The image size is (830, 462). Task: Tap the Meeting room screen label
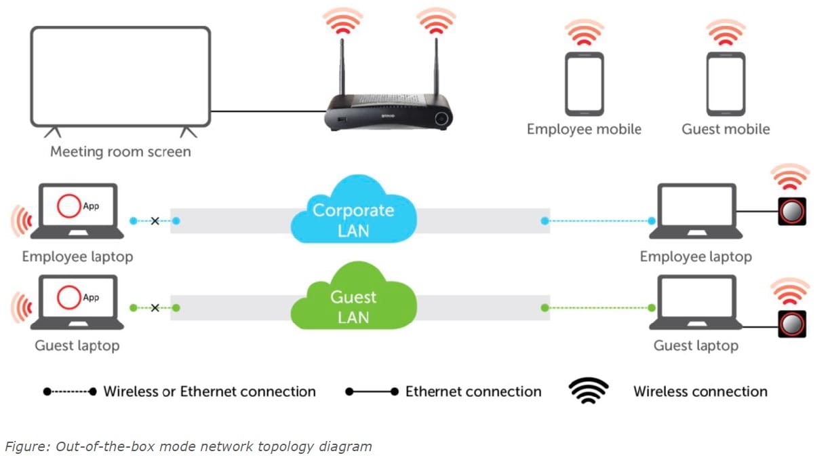coord(120,151)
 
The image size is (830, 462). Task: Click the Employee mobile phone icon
coord(584,84)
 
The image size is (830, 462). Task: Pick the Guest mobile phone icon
coord(726,84)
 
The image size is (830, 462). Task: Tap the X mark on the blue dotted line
coord(155,220)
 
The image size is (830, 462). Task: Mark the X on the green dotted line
coord(155,307)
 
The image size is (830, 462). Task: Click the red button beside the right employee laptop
coord(791,212)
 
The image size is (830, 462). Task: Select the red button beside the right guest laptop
coord(791,324)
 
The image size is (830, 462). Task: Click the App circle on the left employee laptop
coord(68,207)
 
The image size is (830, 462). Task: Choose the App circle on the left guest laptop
coord(68,298)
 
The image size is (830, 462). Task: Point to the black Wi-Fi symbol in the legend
coord(588,391)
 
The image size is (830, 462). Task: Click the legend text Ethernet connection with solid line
coord(473,391)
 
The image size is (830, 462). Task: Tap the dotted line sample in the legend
coord(69,391)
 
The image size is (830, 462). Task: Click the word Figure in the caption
coord(22,446)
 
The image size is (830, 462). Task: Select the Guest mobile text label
coord(726,129)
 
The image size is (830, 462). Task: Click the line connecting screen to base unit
coord(268,111)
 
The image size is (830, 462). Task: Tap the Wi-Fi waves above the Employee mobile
coord(584,33)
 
